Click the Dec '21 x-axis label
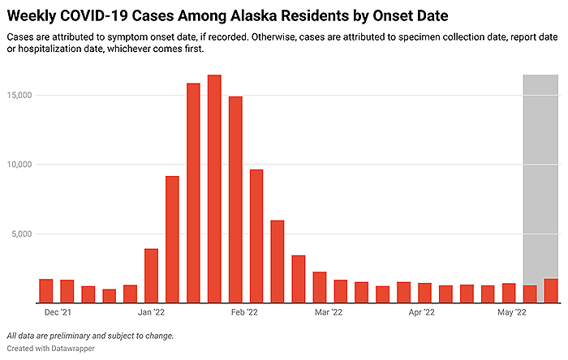click(58, 311)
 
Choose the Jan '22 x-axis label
click(151, 311)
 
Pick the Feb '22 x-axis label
click(245, 311)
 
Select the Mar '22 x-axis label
click(330, 311)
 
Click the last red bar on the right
click(551, 290)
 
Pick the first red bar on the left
click(46, 290)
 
